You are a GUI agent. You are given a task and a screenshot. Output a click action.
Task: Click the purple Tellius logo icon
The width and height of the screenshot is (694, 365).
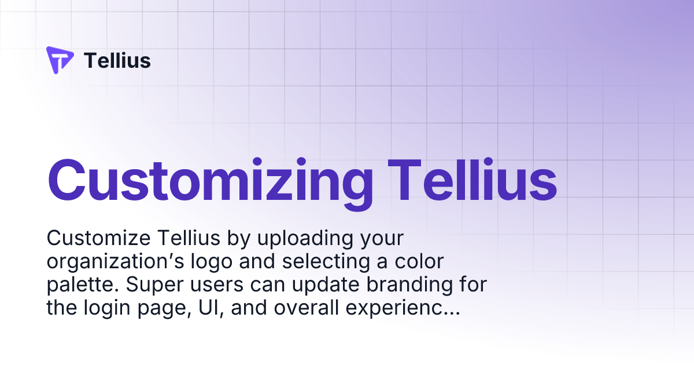click(60, 60)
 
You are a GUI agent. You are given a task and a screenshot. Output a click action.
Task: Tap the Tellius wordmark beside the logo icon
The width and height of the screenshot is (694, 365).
click(117, 60)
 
